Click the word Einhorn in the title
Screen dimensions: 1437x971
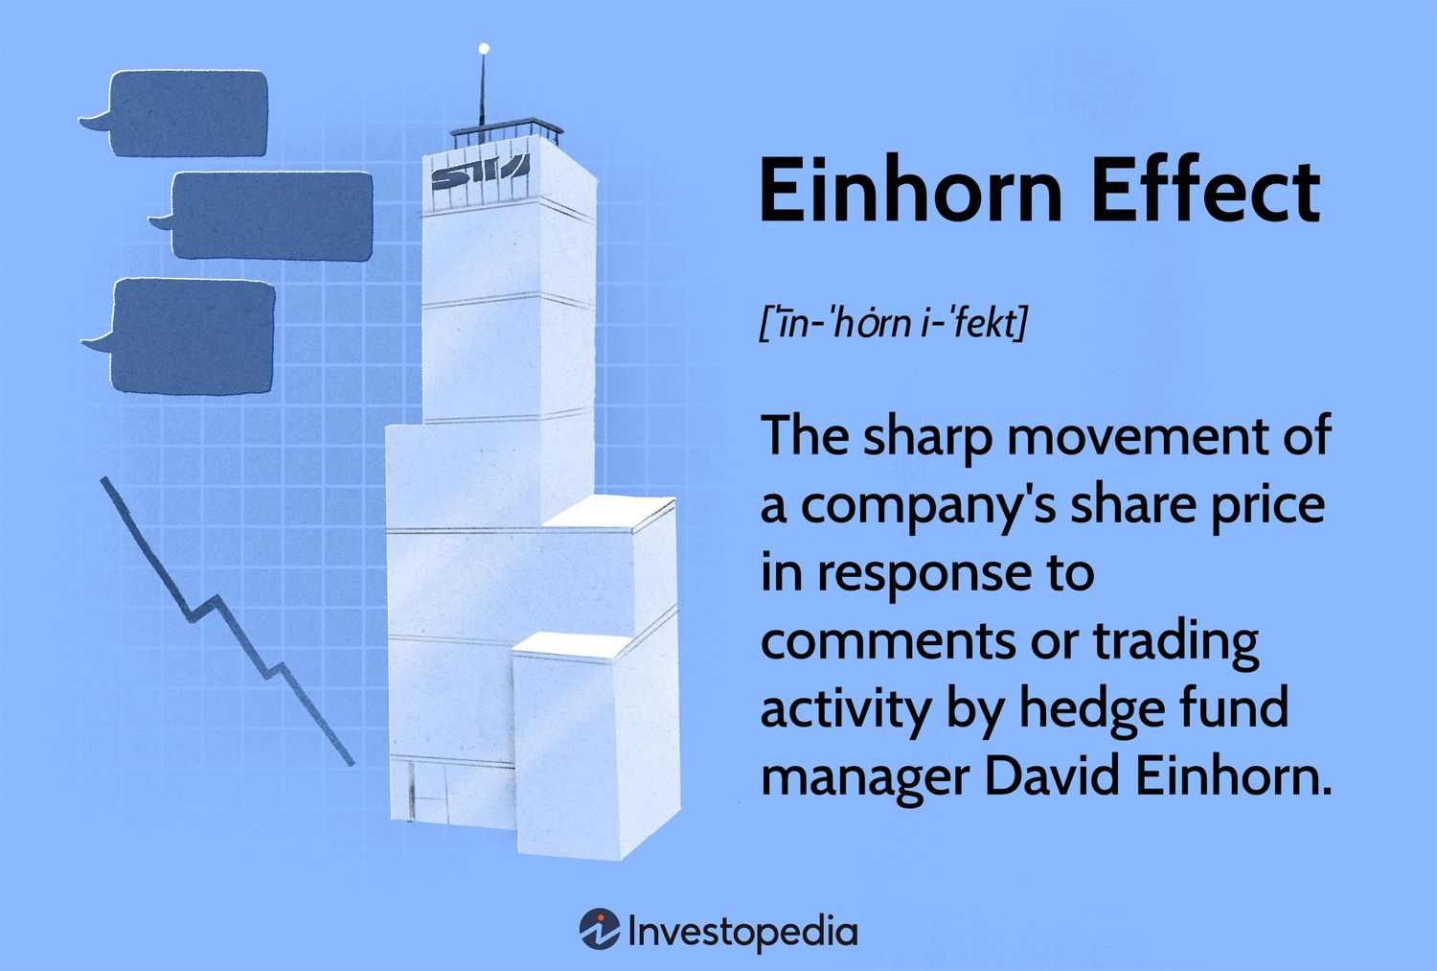click(911, 192)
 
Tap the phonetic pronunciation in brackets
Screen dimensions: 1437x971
click(894, 323)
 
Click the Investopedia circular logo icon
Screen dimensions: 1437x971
click(600, 928)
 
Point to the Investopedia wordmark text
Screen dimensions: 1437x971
click(742, 932)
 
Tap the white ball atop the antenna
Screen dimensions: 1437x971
click(484, 48)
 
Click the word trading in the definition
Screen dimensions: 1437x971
click(1175, 641)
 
